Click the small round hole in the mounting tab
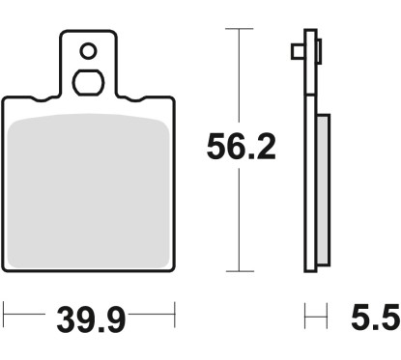(x=88, y=50)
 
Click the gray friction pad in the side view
(x=323, y=187)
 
